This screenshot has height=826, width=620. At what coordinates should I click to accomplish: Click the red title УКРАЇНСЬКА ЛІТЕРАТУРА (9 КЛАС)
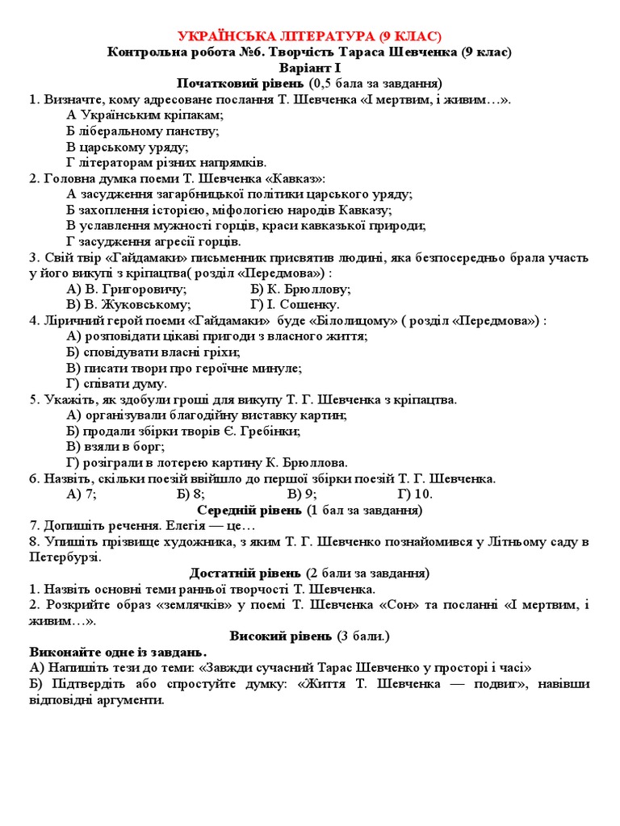click(309, 36)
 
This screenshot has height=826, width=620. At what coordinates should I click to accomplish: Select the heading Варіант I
click(309, 68)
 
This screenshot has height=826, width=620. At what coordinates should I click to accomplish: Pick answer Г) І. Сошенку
click(295, 305)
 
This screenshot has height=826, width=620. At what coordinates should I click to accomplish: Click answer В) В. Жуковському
click(129, 305)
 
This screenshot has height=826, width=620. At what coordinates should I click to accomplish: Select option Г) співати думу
click(117, 383)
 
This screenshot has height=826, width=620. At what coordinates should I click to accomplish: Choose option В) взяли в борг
click(115, 446)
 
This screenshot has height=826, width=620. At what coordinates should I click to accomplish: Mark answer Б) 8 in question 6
click(191, 494)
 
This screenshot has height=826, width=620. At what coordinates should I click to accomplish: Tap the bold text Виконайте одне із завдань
click(118, 652)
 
